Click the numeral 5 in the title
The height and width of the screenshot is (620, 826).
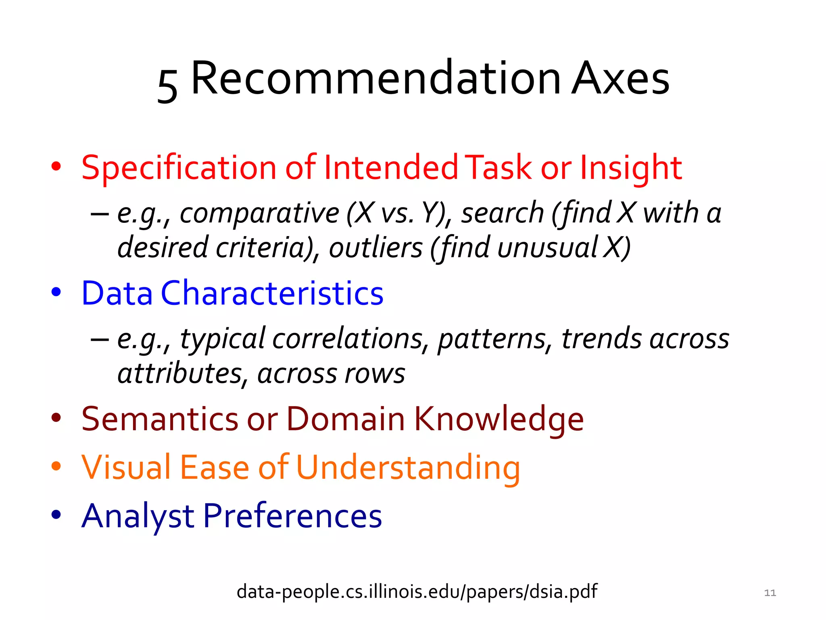click(x=167, y=85)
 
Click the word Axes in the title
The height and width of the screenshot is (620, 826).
click(x=621, y=79)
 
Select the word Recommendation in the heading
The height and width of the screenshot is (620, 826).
click(x=375, y=79)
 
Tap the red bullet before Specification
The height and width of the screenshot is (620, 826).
click(x=56, y=166)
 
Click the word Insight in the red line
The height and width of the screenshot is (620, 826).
click(x=630, y=168)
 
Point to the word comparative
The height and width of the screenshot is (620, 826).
click(x=259, y=213)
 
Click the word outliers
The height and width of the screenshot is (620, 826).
click(x=375, y=247)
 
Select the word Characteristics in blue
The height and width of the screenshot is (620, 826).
click(x=272, y=293)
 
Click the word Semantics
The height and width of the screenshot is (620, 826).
click(x=160, y=419)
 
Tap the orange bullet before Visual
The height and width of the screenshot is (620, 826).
click(x=56, y=466)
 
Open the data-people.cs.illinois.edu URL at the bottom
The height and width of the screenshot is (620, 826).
click(x=417, y=592)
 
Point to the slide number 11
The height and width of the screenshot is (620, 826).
click(x=770, y=593)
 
